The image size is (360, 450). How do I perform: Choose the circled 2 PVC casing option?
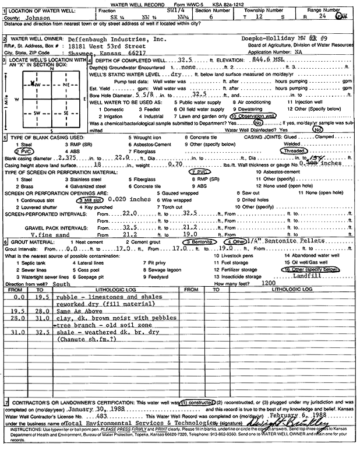13,150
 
